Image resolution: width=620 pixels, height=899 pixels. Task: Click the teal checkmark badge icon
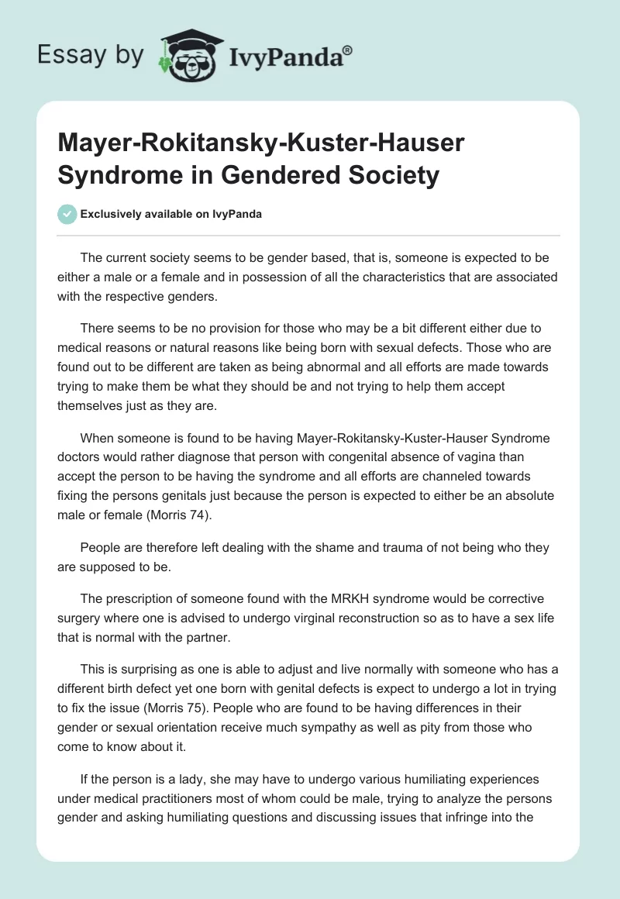pyautogui.click(x=67, y=214)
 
